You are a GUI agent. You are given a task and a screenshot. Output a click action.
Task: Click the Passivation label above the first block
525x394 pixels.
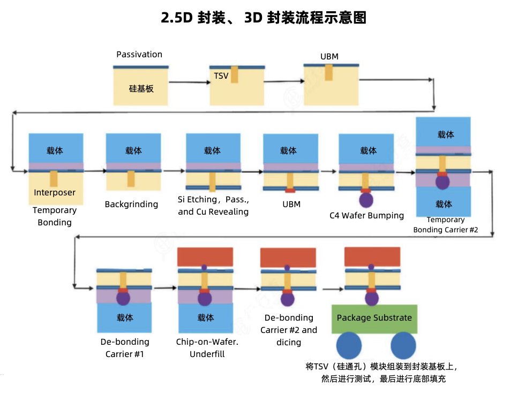[139, 55]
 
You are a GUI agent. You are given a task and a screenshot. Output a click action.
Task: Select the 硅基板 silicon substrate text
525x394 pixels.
[141, 88]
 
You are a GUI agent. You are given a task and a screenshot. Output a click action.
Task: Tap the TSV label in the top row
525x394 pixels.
[221, 76]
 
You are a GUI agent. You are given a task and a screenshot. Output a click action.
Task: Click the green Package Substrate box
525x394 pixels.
[374, 319]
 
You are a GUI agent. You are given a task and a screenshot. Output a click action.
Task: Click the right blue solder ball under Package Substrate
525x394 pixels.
[403, 346]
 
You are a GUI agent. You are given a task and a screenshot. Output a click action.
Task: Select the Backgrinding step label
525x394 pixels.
[131, 204]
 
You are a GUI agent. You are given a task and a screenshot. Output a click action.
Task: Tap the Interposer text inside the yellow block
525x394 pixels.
[55, 193]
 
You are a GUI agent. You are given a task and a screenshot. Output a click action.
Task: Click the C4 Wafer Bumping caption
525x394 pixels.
[366, 216]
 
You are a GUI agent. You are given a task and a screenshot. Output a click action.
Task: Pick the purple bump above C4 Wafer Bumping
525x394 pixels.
[366, 200]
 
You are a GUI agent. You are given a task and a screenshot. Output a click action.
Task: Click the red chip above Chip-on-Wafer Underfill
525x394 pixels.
[205, 257]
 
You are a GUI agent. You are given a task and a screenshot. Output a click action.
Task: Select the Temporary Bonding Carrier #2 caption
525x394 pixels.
[445, 225]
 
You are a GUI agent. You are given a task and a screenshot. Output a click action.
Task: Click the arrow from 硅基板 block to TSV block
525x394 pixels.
[189, 82]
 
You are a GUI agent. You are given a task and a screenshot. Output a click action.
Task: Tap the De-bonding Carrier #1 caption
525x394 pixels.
[125, 348]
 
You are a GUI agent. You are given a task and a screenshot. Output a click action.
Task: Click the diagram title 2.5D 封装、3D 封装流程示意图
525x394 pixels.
[262, 18]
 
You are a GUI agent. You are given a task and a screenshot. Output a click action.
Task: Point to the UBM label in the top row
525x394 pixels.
[329, 56]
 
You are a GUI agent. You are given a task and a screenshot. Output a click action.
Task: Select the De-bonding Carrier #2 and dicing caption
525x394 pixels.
[289, 330]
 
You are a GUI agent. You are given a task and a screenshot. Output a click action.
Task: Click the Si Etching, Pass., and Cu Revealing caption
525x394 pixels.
[213, 206]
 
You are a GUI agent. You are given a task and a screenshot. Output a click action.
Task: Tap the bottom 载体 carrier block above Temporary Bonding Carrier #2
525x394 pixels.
[444, 204]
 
